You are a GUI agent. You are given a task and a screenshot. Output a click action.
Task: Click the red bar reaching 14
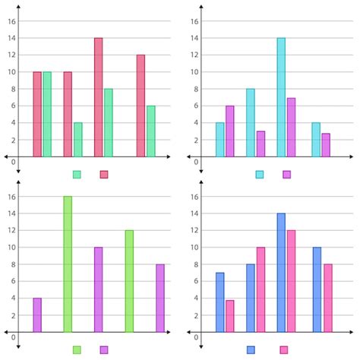pyautogui.click(x=99, y=97)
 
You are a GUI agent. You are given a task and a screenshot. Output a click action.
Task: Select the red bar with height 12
pyautogui.click(x=141, y=106)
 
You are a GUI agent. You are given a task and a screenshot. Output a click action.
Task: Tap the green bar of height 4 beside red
pyautogui.click(x=78, y=140)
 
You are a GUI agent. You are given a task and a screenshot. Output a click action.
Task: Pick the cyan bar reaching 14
pyautogui.click(x=281, y=97)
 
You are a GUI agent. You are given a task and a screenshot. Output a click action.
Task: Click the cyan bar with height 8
pyautogui.click(x=251, y=123)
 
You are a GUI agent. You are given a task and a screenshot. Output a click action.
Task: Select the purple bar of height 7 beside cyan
pyautogui.click(x=291, y=127)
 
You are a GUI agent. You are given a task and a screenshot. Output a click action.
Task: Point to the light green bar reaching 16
pyautogui.click(x=68, y=264)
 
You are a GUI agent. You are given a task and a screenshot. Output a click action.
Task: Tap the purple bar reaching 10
pyautogui.click(x=99, y=289)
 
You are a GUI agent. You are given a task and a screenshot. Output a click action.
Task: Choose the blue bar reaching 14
pyautogui.click(x=281, y=273)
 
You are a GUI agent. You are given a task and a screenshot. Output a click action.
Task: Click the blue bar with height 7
pyautogui.click(x=220, y=302)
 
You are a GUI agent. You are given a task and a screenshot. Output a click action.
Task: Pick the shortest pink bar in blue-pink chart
pyautogui.click(x=230, y=316)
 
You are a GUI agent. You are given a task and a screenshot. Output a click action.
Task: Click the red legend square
pyautogui.click(x=104, y=174)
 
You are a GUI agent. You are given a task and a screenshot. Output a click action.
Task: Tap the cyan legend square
pyautogui.click(x=260, y=174)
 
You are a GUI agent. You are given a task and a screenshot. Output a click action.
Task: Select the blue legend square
pyautogui.click(x=251, y=349)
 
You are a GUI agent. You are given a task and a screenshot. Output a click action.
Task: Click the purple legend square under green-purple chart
pyautogui.click(x=104, y=349)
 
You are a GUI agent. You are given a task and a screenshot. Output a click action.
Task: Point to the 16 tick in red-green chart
pyautogui.click(x=11, y=21)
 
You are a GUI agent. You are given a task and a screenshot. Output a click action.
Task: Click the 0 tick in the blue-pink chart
pyautogui.click(x=196, y=336)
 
